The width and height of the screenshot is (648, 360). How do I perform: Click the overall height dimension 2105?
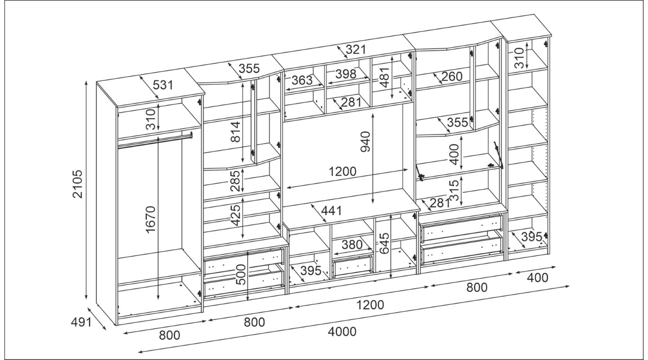78,184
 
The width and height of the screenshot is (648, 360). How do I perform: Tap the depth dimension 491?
81,322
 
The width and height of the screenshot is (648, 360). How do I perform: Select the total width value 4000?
342,332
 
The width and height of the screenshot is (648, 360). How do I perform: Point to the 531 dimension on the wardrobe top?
163,85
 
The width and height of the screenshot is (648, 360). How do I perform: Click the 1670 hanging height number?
151,219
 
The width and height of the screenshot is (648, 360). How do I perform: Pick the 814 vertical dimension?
235,132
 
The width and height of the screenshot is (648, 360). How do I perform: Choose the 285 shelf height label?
235,181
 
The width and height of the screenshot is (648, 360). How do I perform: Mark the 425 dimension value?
236,215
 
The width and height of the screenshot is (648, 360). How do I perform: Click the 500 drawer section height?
241,274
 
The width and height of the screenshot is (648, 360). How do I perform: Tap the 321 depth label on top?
356,50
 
